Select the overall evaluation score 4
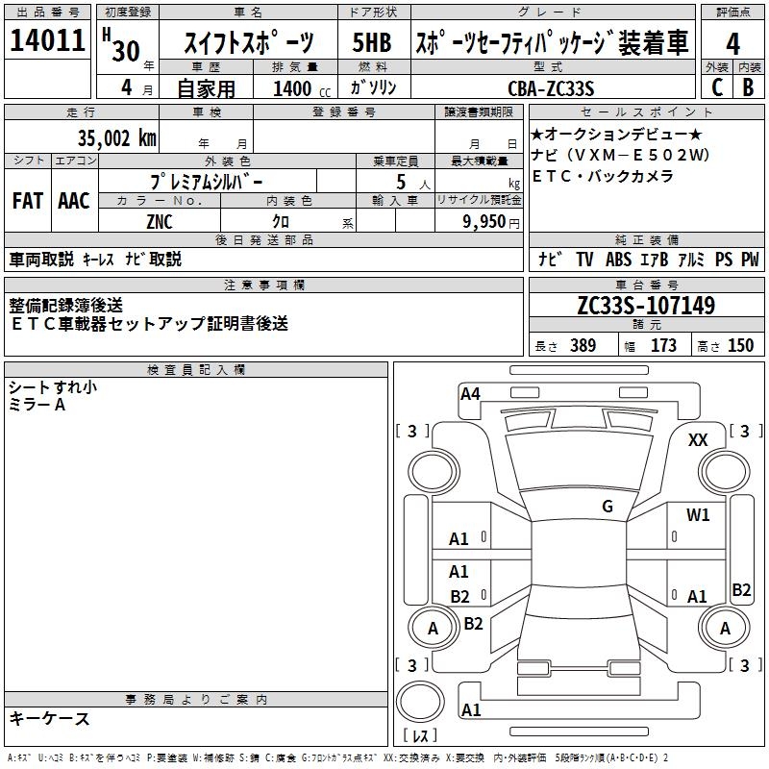click(732, 43)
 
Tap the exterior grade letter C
click(716, 87)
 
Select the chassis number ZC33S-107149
click(646, 307)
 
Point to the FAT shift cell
click(27, 201)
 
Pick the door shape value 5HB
click(372, 43)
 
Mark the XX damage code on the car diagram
click(698, 439)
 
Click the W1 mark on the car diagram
click(698, 515)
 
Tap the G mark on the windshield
click(607, 507)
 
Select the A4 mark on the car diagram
click(470, 393)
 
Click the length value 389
click(583, 346)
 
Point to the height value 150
click(740, 346)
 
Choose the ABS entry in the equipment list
click(618, 260)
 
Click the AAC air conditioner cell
click(74, 201)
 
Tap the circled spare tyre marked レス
click(419, 708)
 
